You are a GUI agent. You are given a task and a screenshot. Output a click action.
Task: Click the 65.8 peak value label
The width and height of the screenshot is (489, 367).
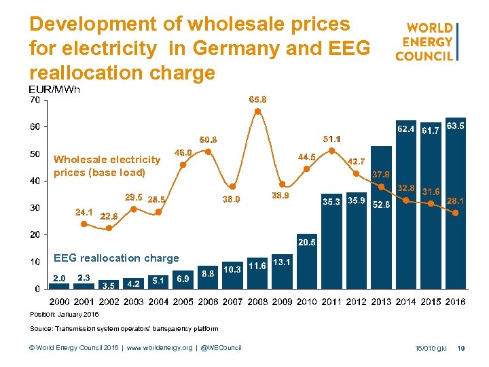(x=258, y=99)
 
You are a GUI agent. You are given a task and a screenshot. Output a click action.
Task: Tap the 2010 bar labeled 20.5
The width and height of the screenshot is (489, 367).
(x=307, y=265)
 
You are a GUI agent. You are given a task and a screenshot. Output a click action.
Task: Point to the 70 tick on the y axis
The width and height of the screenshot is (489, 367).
(x=34, y=100)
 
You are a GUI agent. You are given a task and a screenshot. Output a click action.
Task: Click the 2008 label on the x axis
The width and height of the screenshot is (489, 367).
(x=257, y=302)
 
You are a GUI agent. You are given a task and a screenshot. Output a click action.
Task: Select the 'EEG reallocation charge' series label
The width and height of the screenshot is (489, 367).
(x=116, y=258)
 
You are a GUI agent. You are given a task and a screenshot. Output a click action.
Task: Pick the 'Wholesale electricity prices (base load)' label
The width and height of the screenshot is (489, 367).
(x=107, y=166)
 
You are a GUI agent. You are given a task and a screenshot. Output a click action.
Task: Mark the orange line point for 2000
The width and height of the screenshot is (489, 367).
(x=84, y=223)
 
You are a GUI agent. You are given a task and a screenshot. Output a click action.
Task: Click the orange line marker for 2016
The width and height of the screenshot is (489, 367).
(x=456, y=213)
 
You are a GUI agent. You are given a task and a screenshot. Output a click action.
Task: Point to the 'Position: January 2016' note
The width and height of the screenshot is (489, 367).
(x=65, y=315)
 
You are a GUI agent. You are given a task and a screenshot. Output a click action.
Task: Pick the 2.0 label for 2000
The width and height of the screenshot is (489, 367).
(x=60, y=279)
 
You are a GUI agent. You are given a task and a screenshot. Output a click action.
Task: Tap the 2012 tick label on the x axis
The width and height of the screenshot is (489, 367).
(x=357, y=302)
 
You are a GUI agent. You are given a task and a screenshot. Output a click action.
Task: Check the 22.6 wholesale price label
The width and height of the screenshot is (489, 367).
(x=109, y=216)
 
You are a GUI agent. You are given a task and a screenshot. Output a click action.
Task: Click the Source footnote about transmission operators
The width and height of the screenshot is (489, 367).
(x=124, y=329)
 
